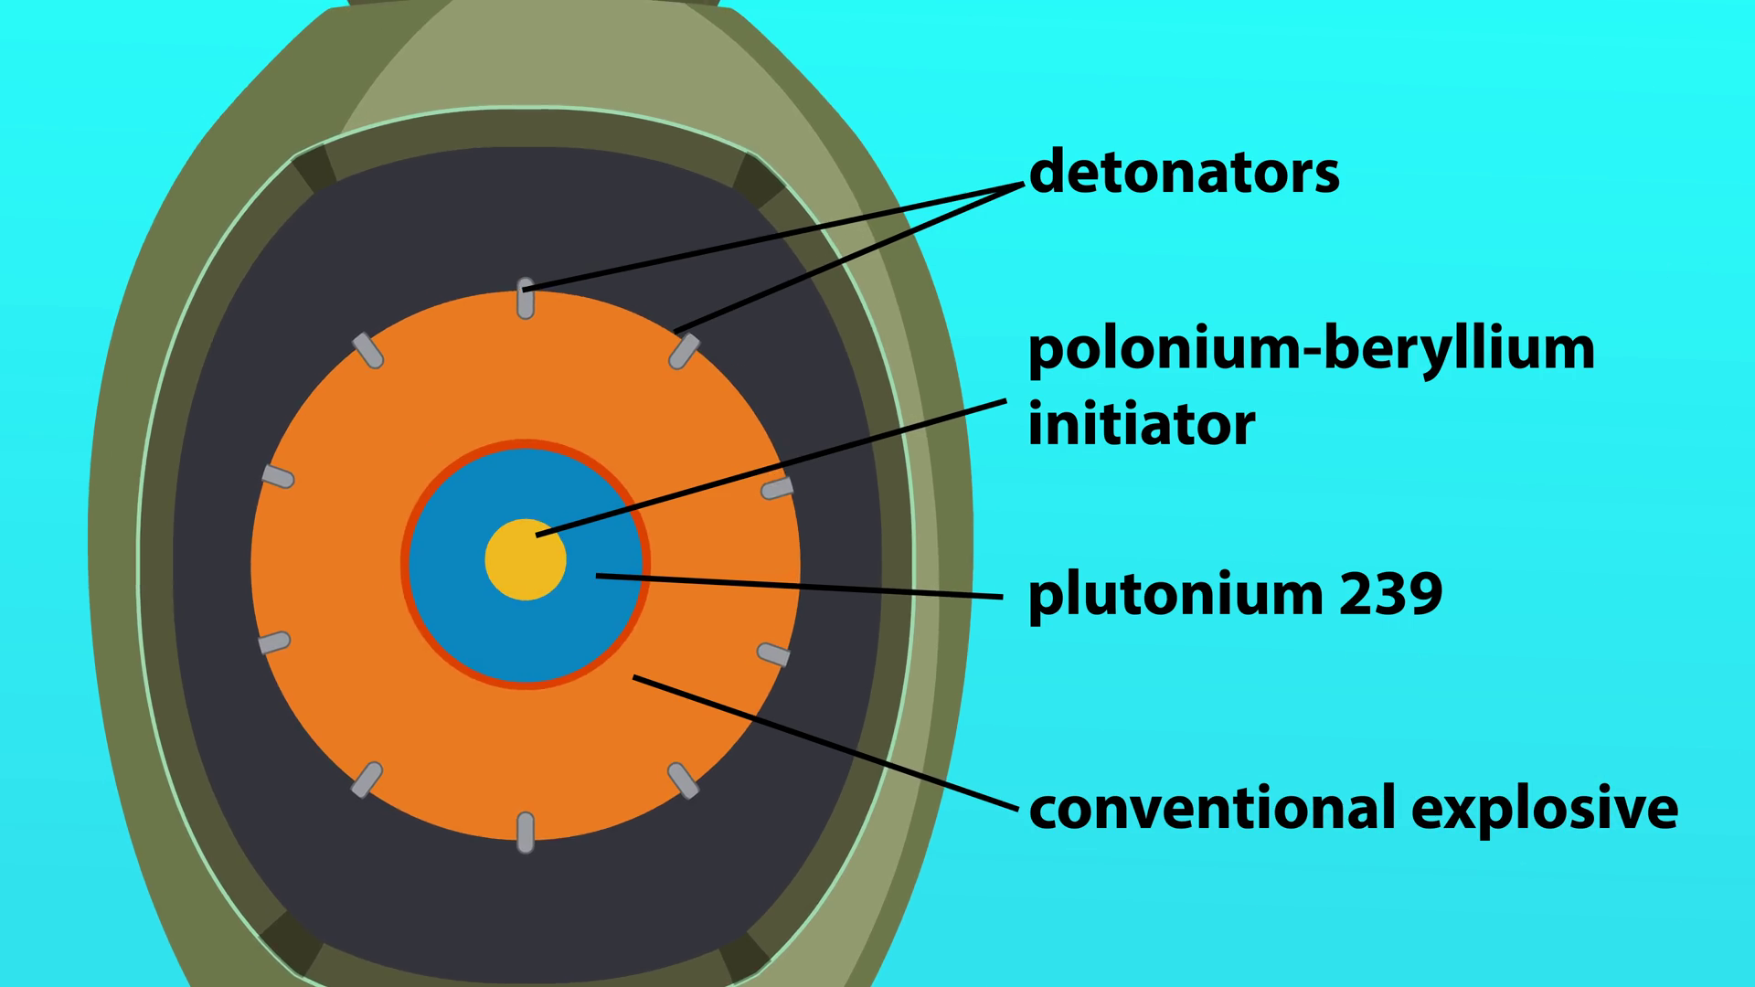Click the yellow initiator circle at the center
click(x=525, y=560)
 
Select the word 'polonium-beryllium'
click(x=1311, y=349)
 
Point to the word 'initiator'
click(x=1142, y=425)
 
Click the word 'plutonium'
click(x=1175, y=595)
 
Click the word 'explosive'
click(x=1545, y=808)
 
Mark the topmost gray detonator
click(x=526, y=299)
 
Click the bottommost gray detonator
click(x=526, y=832)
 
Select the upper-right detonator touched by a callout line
click(x=684, y=351)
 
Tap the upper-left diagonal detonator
click(x=367, y=351)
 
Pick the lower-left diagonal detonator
click(x=367, y=780)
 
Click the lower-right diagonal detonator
click(x=684, y=780)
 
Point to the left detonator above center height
click(x=278, y=476)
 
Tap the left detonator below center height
click(x=274, y=642)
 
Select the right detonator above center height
click(x=777, y=489)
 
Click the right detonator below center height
click(x=773, y=654)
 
